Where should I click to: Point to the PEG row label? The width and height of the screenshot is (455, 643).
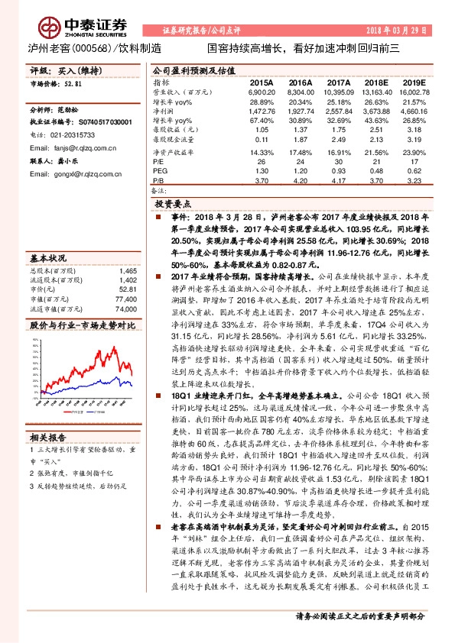159,173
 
